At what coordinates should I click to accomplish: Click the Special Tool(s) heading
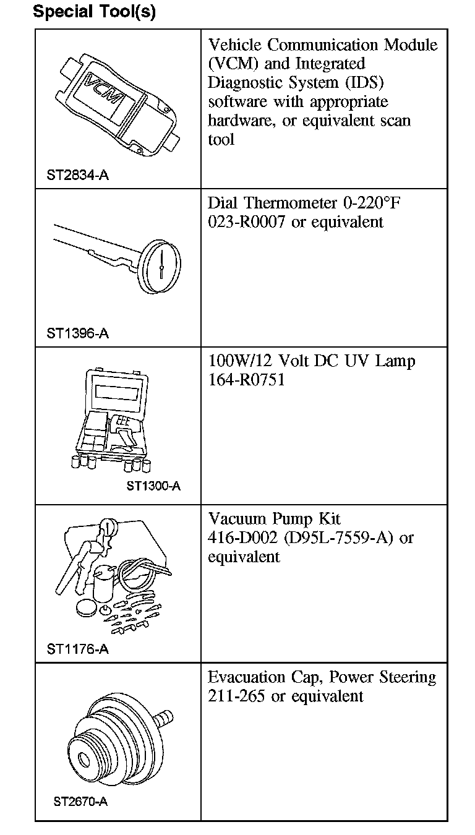[94, 12]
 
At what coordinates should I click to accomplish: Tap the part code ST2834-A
[77, 175]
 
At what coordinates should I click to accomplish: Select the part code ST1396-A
[77, 333]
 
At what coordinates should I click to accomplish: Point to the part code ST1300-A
[154, 486]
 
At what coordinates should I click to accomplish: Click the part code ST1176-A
[77, 649]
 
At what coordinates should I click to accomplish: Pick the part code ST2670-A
[80, 802]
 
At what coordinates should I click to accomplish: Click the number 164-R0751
[247, 380]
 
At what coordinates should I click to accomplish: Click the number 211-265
[237, 696]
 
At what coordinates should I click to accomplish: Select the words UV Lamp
[387, 361]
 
